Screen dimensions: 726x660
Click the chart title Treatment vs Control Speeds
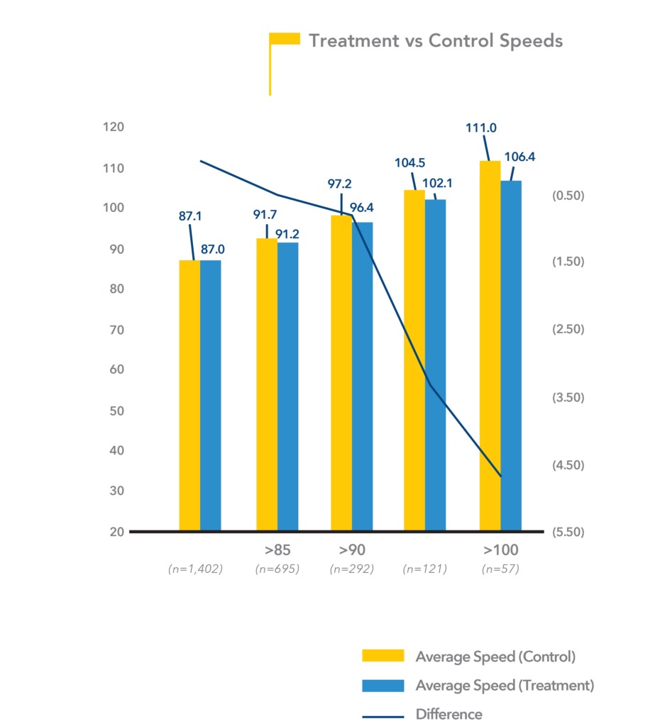[435, 40]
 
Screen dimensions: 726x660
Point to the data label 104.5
[409, 162]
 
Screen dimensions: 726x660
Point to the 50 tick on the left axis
[116, 411]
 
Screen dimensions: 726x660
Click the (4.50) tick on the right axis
[568, 465]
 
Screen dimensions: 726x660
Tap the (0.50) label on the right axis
[568, 196]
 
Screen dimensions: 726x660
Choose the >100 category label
[501, 550]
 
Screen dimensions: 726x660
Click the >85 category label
[277, 550]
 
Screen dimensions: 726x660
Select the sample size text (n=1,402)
[195, 569]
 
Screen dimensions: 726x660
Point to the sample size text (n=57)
[500, 569]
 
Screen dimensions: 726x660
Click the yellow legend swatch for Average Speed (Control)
[383, 656]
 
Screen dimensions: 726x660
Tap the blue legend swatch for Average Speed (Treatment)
[383, 686]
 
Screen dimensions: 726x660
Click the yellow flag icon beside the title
[285, 40]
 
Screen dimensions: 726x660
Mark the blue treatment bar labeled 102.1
[435, 365]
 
